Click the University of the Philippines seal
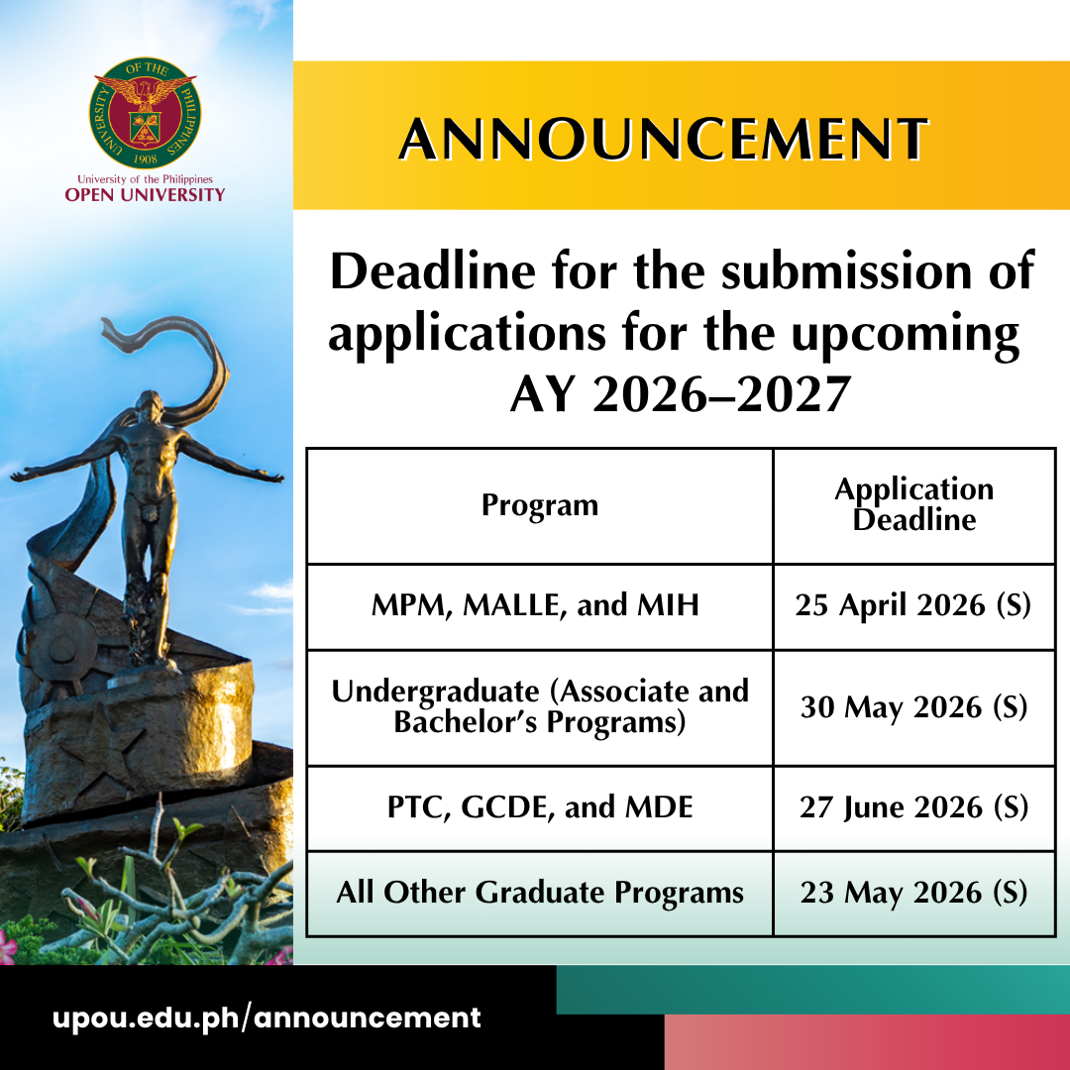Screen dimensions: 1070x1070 (x=145, y=113)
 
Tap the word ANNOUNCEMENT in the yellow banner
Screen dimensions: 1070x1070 (x=664, y=140)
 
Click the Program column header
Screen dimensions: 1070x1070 (x=540, y=505)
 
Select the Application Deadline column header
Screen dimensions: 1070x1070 (x=914, y=504)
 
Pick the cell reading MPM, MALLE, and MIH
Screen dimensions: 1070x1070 (x=536, y=605)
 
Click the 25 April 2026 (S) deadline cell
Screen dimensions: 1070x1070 (x=913, y=605)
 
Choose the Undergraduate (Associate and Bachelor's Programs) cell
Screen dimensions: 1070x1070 (x=540, y=707)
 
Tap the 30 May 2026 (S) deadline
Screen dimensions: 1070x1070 (x=913, y=707)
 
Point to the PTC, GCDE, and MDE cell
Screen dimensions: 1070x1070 (x=540, y=807)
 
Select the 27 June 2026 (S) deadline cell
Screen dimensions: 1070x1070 (x=913, y=807)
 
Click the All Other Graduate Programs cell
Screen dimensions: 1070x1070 (x=540, y=893)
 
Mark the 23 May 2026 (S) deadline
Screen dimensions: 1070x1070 (x=913, y=893)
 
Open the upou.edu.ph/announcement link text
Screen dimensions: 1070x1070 (x=267, y=1018)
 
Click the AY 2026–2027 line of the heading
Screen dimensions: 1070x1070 (x=681, y=394)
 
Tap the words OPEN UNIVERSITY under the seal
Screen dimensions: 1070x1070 (x=145, y=195)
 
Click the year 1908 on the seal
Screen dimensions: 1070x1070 (x=146, y=159)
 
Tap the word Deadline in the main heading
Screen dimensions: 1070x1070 (x=433, y=271)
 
